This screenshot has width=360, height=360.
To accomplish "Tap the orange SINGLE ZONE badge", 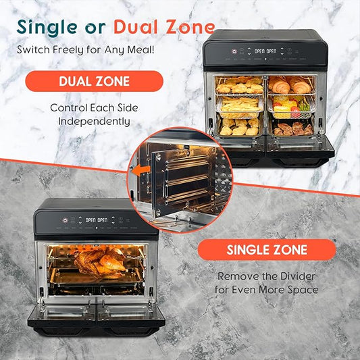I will (266, 250).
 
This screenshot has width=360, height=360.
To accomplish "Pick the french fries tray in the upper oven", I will (240, 105).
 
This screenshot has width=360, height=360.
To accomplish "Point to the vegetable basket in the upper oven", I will (290, 106).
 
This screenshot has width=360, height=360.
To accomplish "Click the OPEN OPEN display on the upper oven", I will (262, 51).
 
